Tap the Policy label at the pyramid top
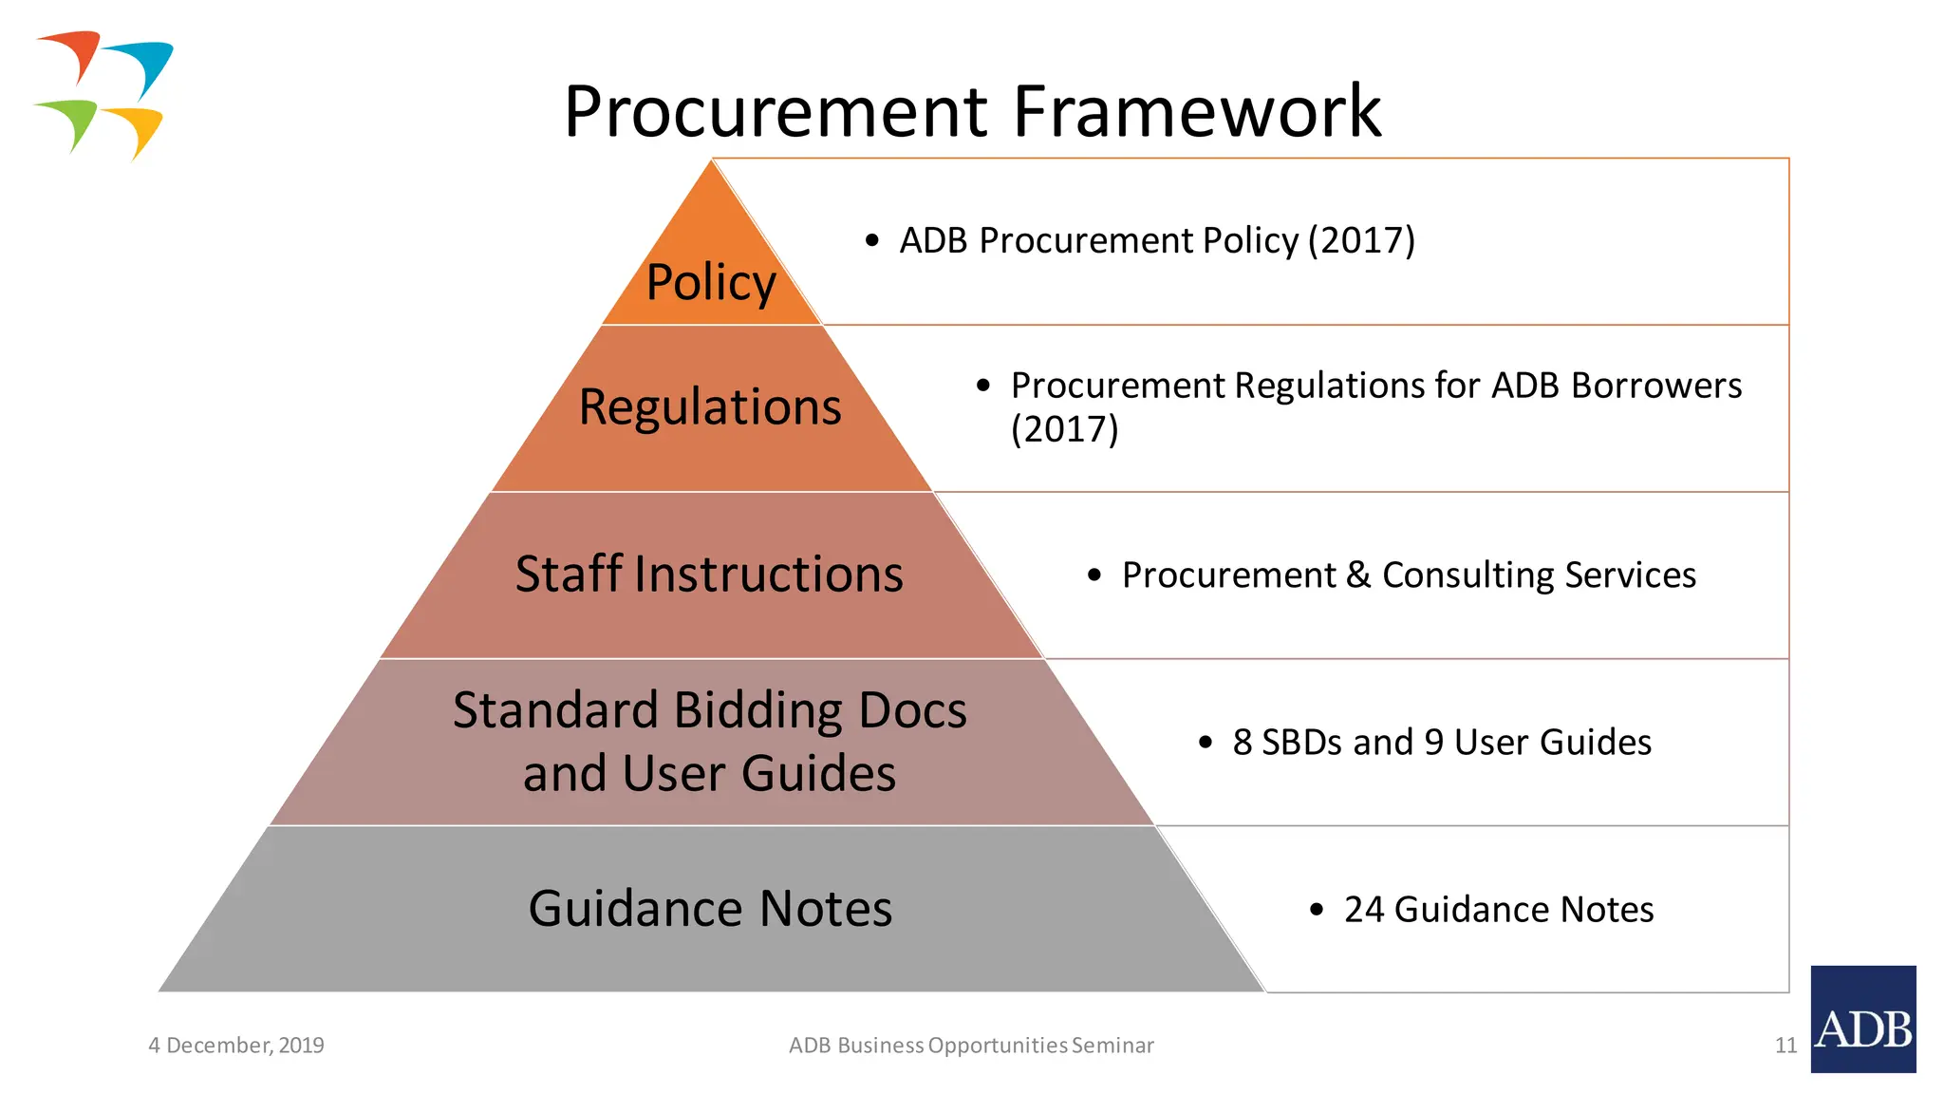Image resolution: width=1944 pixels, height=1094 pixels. [x=711, y=282]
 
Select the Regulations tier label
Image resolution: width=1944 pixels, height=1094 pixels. [x=710, y=407]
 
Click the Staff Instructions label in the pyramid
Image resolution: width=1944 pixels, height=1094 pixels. [x=709, y=575]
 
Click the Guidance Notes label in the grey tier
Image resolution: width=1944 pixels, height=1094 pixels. [x=710, y=909]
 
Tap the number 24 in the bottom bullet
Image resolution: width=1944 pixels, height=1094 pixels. [x=1363, y=910]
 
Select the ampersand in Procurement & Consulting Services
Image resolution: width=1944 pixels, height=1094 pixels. [x=1358, y=575]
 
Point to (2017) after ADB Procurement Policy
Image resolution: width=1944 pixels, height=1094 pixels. [x=1361, y=240]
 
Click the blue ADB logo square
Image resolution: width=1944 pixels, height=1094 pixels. [x=1862, y=1019]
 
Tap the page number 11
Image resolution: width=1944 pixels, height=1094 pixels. [x=1785, y=1046]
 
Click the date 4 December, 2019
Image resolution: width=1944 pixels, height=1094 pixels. [x=236, y=1046]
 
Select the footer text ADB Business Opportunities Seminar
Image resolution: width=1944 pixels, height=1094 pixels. [x=971, y=1046]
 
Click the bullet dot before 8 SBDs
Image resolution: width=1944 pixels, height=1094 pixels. [x=1206, y=743]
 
